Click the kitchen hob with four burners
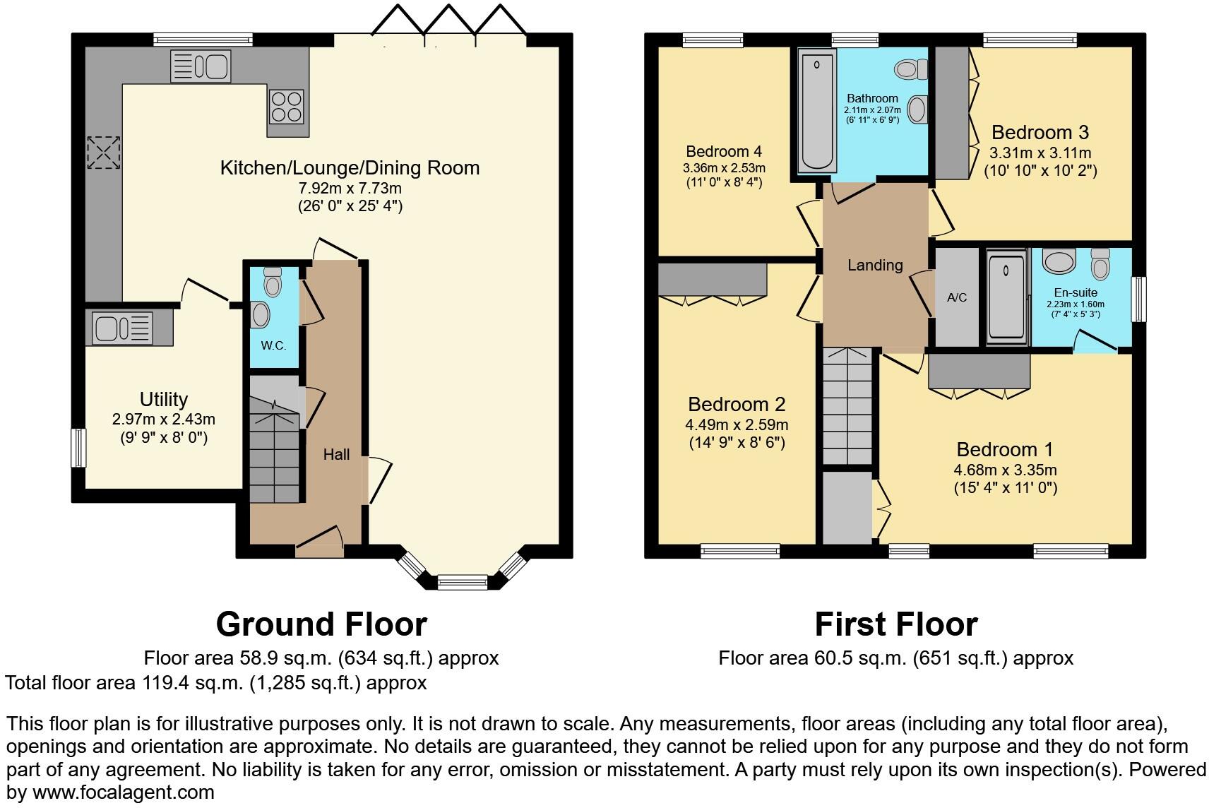pos(286,107)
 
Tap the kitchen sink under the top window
pos(200,66)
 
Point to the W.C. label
pos(273,346)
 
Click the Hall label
pos(336,455)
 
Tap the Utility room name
pos(164,399)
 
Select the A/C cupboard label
pos(957,297)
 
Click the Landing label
pos(875,265)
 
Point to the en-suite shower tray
pos(1006,297)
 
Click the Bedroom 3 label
pos(1040,132)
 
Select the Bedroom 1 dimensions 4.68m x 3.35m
pos(1005,470)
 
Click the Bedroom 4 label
pos(723,151)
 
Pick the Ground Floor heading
pos(321,624)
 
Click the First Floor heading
pos(895,624)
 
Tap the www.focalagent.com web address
pos(123,792)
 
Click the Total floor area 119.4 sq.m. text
pos(215,683)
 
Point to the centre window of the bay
pos(462,583)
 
